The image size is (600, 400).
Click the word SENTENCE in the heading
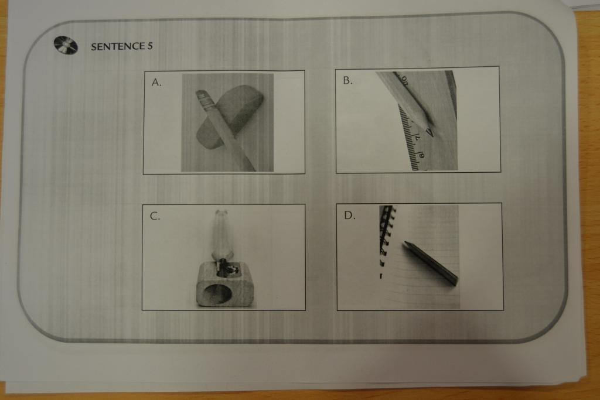click(x=118, y=47)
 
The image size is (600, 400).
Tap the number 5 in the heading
click(x=150, y=46)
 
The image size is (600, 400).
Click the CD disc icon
click(x=66, y=46)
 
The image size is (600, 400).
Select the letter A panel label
click(x=156, y=82)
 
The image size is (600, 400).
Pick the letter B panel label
click(x=347, y=80)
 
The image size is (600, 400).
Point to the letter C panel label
click(x=155, y=216)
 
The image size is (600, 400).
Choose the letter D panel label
click(x=349, y=216)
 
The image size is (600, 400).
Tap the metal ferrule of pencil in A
click(x=205, y=100)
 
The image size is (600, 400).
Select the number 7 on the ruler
click(x=417, y=137)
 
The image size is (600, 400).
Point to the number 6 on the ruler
click(x=421, y=155)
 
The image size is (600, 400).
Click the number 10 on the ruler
click(x=404, y=79)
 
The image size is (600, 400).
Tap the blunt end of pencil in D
click(x=454, y=282)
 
